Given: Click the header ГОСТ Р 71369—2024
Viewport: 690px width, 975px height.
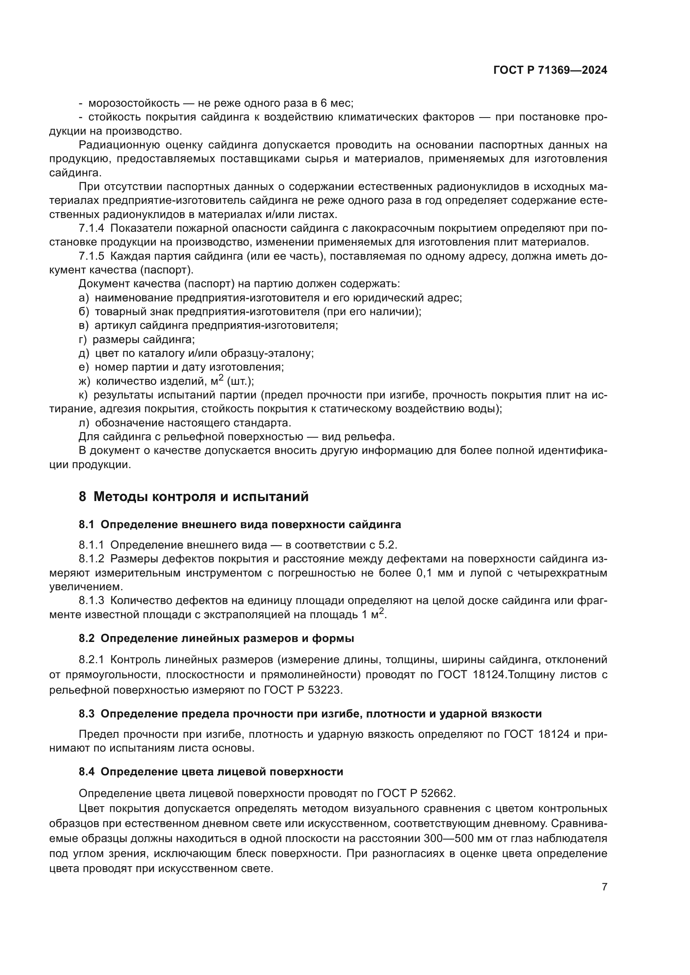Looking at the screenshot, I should point(550,70).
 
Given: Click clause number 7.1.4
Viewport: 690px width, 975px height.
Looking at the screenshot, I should point(91,228).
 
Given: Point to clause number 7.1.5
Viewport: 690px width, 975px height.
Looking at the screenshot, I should point(91,256).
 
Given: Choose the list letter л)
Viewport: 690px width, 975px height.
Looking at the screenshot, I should point(84,423).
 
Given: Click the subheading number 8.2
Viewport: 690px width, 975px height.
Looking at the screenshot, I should point(86,638).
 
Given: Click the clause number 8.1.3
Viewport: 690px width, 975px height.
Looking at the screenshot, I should point(91,600).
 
